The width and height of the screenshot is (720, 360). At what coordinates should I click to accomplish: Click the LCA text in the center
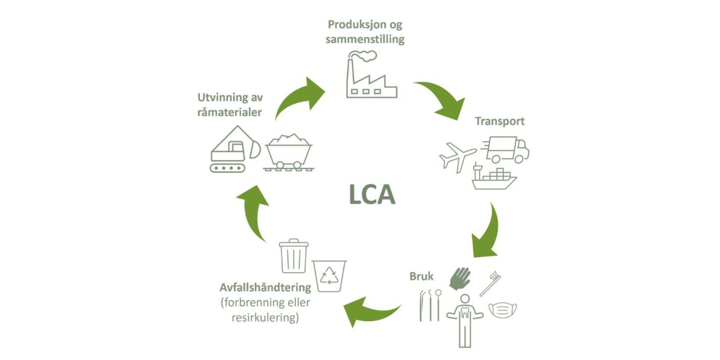coord(372,195)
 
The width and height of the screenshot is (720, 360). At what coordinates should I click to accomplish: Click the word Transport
coord(499,121)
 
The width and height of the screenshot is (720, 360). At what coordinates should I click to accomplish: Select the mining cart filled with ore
coord(288,152)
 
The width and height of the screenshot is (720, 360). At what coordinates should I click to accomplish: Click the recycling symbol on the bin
coord(329,276)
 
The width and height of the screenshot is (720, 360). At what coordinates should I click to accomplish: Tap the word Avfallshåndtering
coord(265,287)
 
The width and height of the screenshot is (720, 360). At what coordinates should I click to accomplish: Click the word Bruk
coord(421,276)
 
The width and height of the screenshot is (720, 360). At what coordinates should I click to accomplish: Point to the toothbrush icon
coord(490,283)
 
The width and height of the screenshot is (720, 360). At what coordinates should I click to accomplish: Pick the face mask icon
coord(503,310)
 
